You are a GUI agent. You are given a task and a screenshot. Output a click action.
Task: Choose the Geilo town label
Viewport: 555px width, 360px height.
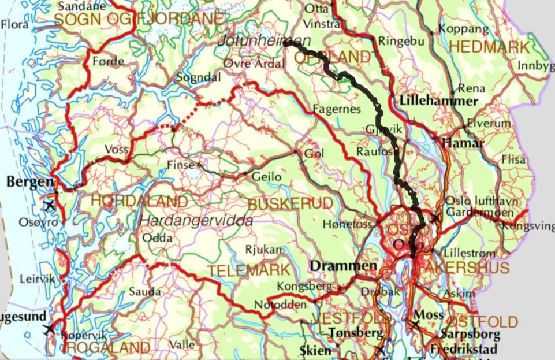pyautogui.click(x=266, y=177)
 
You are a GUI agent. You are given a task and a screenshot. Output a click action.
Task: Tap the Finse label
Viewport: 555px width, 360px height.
pyautogui.click(x=181, y=165)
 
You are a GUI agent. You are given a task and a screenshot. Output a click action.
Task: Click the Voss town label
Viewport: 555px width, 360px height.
pyautogui.click(x=117, y=149)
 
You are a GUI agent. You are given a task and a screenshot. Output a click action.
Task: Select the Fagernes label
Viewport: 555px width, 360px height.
pyautogui.click(x=336, y=109)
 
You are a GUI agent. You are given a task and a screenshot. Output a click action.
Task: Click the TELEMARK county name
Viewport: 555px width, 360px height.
pyautogui.click(x=248, y=270)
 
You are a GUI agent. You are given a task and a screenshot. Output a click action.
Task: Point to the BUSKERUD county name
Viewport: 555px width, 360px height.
pyautogui.click(x=290, y=203)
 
